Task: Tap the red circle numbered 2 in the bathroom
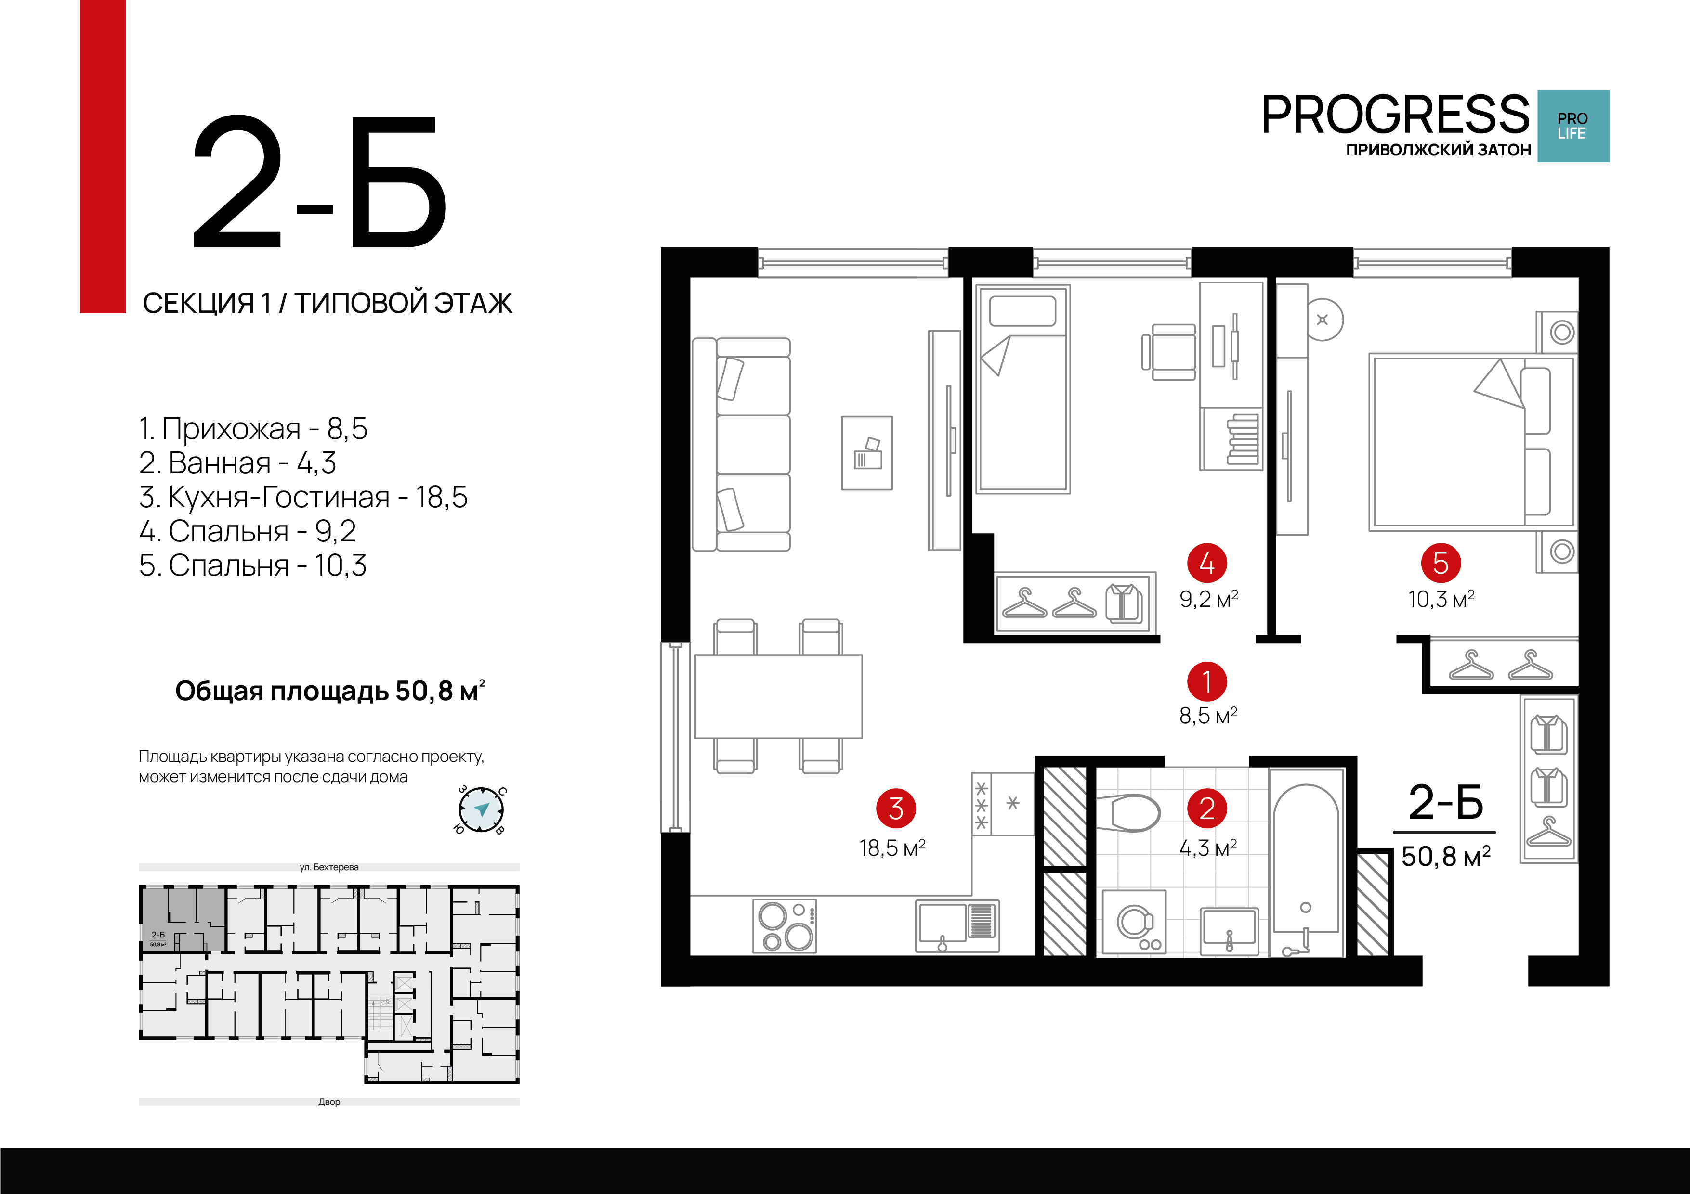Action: point(1206,809)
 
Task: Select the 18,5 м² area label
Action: point(891,848)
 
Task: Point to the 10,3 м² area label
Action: point(1441,600)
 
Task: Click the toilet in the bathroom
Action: point(1128,813)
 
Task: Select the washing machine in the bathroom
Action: point(1134,923)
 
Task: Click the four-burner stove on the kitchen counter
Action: point(785,925)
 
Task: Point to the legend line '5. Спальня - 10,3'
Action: point(252,566)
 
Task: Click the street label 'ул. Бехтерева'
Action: point(329,867)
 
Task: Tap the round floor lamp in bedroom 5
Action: point(1323,319)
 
